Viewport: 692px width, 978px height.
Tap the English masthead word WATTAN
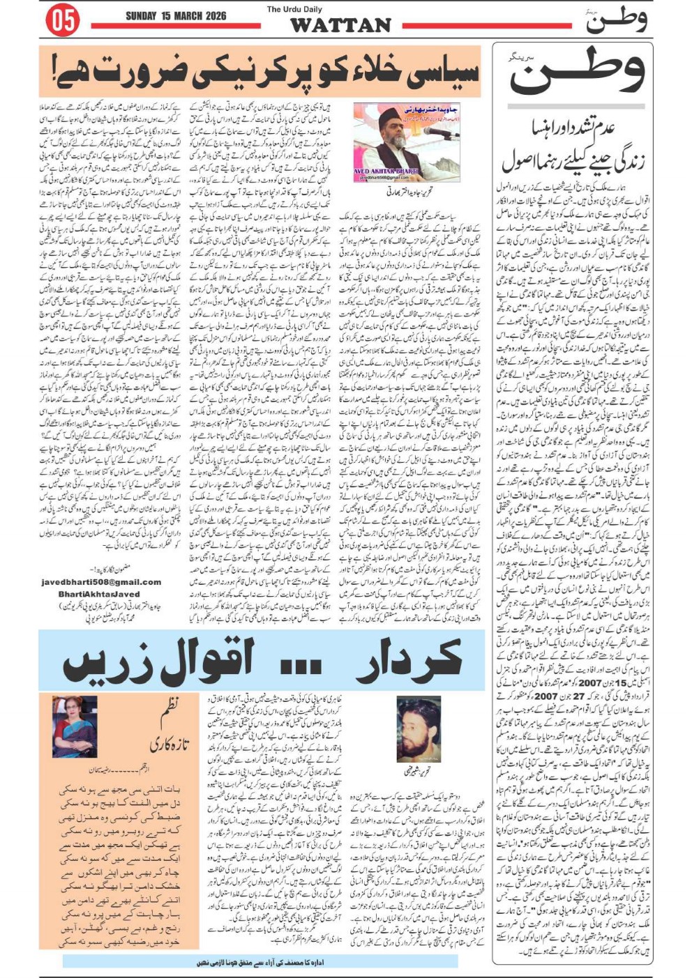click(x=340, y=25)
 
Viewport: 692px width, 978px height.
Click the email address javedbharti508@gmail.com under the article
click(x=101, y=582)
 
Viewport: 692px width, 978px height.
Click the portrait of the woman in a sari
click(x=74, y=728)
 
